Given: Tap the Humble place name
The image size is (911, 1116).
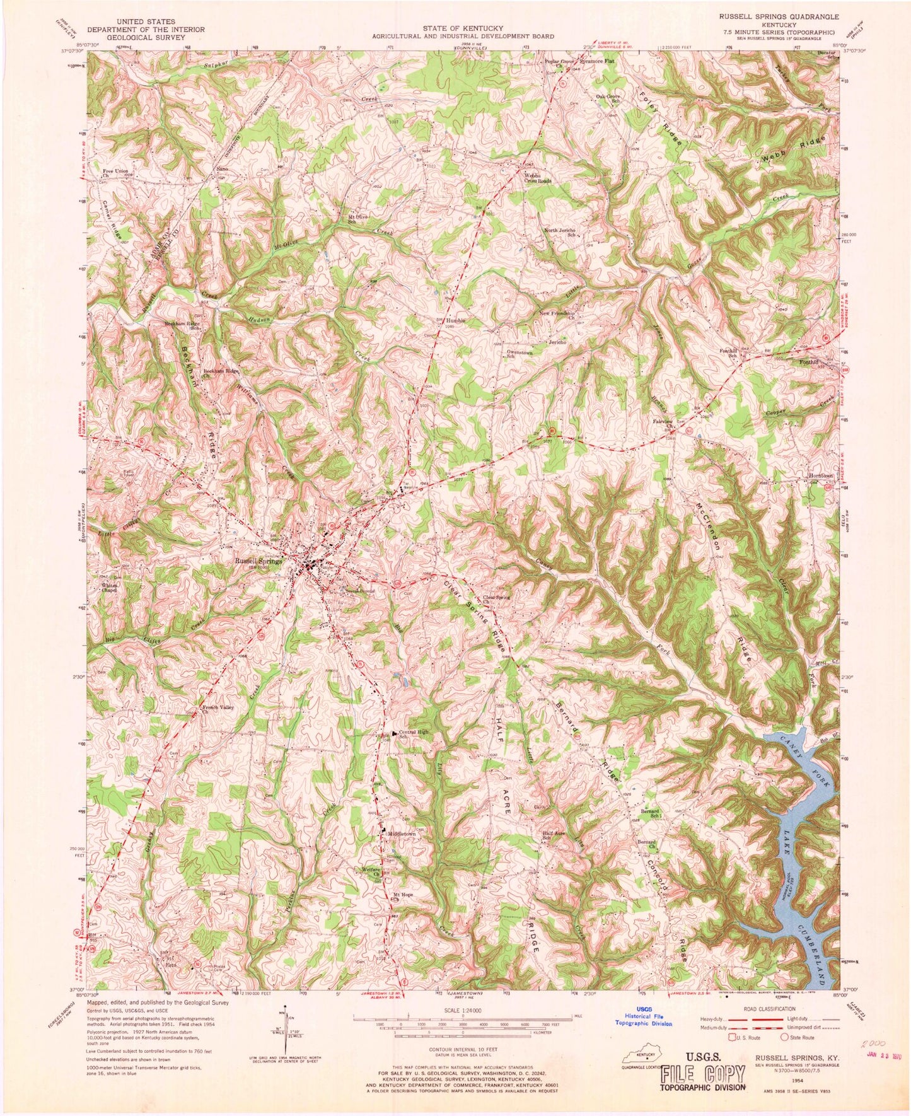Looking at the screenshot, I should coord(456,321).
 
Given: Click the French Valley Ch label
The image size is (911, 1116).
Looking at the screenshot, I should coord(218,709).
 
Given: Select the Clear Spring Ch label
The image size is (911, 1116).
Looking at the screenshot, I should coord(496,599).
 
